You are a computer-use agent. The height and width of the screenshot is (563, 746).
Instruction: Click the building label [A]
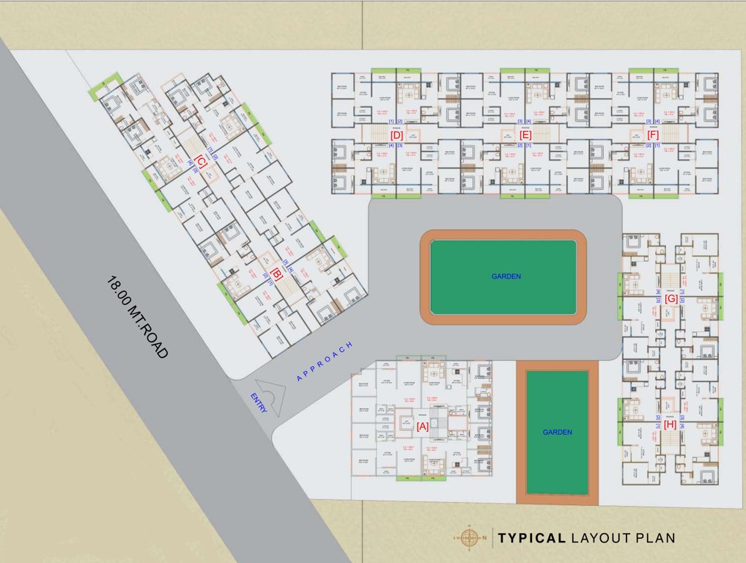[x=423, y=425]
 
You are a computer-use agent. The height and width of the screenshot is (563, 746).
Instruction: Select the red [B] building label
[x=277, y=275]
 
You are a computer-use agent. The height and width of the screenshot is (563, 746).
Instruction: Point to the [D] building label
[x=396, y=135]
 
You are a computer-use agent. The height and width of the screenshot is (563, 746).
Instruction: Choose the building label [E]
[x=525, y=135]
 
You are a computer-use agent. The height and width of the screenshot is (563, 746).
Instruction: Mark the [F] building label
[x=653, y=135]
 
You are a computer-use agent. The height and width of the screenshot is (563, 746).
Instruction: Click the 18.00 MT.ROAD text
[x=138, y=316]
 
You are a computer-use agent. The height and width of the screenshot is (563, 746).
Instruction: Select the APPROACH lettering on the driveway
[x=325, y=361]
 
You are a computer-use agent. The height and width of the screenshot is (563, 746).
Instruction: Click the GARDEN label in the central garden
[x=506, y=276]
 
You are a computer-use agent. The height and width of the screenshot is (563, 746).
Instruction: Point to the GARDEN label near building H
[x=557, y=433]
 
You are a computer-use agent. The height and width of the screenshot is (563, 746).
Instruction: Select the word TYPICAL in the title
[x=531, y=538]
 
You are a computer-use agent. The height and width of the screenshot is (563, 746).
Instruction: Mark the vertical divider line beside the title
[x=491, y=537]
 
